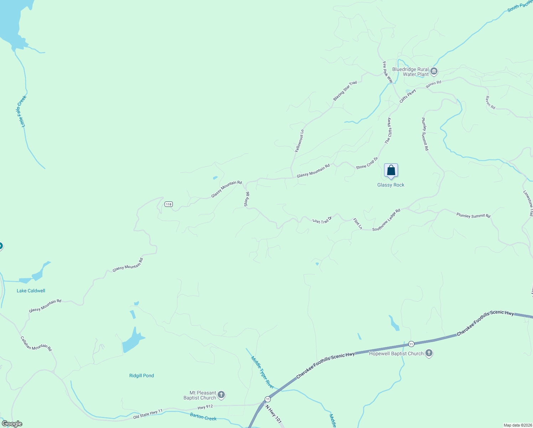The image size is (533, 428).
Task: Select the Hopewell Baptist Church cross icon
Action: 429,353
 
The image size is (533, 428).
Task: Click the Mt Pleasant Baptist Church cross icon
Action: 221,395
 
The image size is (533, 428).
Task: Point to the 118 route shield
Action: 169,204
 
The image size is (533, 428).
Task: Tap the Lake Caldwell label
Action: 31,291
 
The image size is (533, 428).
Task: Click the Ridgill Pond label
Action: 141,376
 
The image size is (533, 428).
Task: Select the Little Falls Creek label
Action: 22,111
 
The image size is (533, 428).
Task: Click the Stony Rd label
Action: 247,199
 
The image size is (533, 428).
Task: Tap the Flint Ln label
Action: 358,224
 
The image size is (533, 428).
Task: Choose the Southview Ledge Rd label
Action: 386,220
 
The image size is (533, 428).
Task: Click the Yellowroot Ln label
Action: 299,141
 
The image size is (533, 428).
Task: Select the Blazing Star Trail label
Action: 345,91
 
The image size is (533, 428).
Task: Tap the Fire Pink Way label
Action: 388,72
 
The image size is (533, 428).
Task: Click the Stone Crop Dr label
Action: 367,163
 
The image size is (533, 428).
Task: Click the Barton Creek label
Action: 203,417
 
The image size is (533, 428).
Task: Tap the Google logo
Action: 12,424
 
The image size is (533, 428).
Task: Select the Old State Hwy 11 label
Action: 148,414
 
